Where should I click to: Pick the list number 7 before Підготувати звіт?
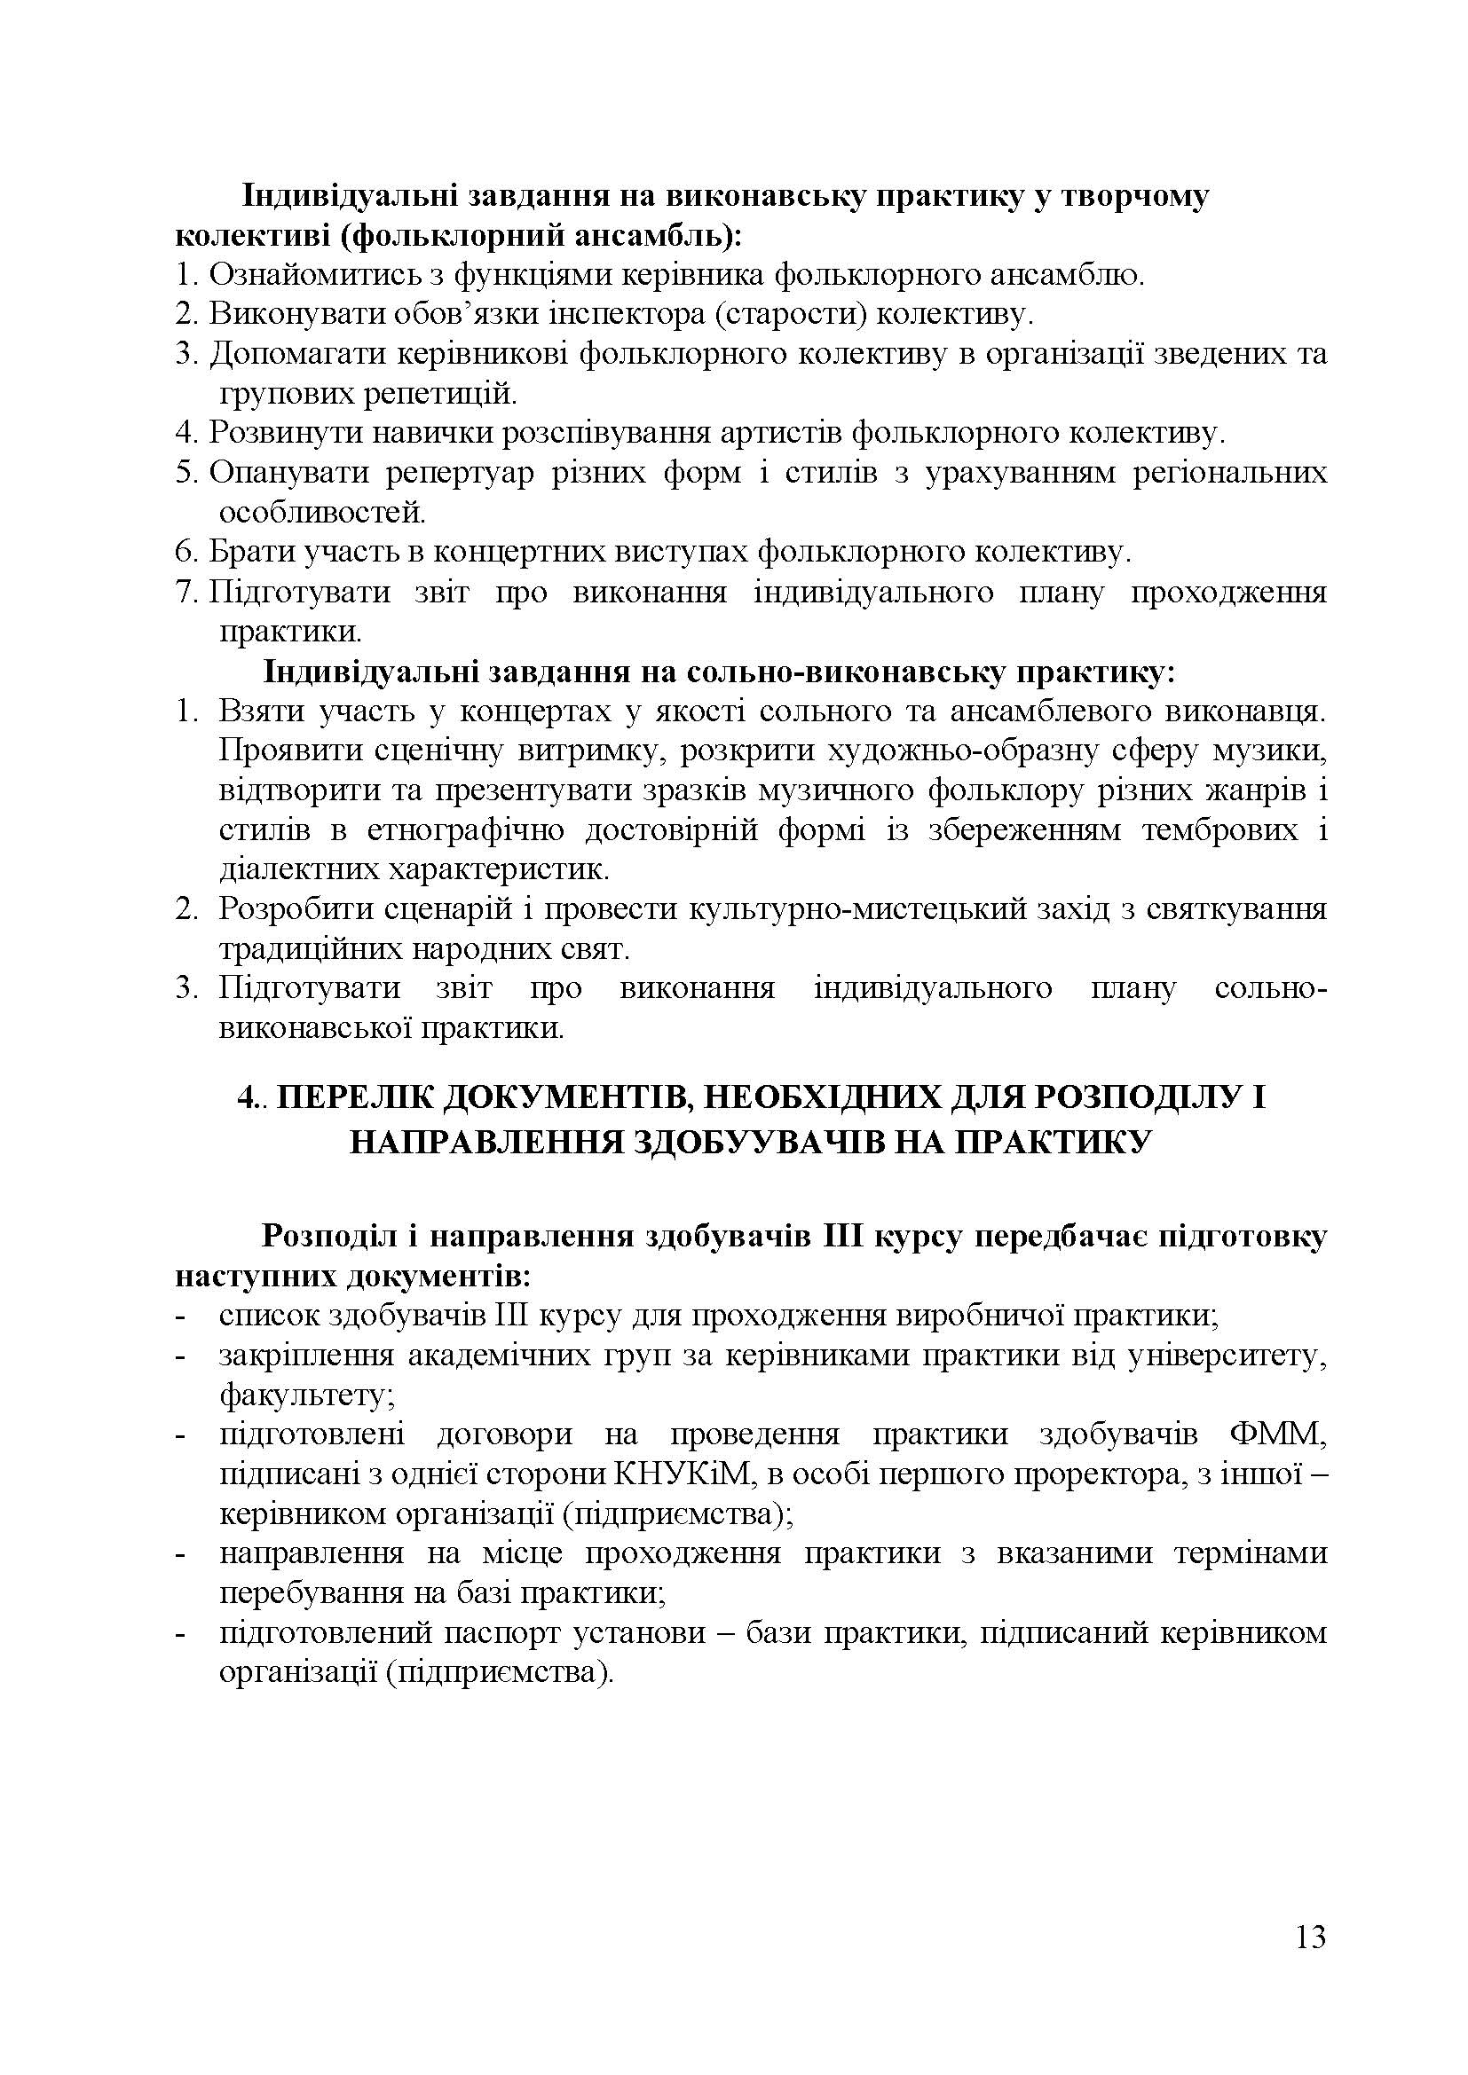point(185,593)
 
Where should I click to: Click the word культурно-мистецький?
point(857,908)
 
